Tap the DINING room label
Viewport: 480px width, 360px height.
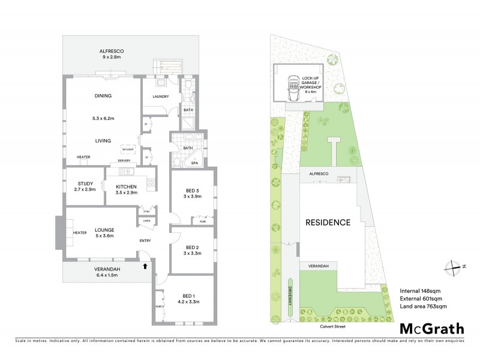(103, 96)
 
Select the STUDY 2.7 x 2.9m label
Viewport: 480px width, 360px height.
(84, 187)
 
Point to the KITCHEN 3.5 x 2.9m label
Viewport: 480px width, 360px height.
(127, 190)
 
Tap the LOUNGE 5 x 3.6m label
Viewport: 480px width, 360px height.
(105, 233)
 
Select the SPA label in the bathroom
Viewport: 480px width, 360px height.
(194, 163)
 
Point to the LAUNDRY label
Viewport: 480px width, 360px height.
(160, 97)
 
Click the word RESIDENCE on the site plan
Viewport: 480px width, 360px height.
(328, 222)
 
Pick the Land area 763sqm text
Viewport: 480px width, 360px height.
(424, 307)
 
